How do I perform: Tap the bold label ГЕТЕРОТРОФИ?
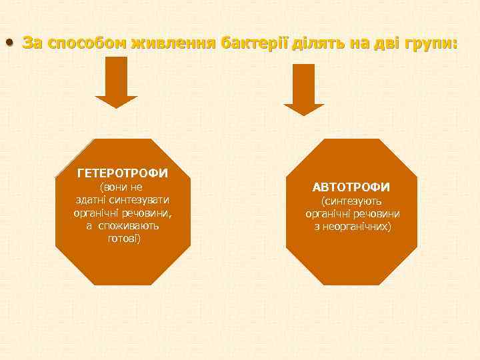[x=123, y=173]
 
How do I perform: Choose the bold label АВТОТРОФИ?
[x=351, y=187]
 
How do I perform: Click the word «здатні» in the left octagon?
[x=91, y=200]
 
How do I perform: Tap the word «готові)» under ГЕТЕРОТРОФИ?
[x=123, y=239]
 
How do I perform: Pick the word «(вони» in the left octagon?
[x=112, y=187]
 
